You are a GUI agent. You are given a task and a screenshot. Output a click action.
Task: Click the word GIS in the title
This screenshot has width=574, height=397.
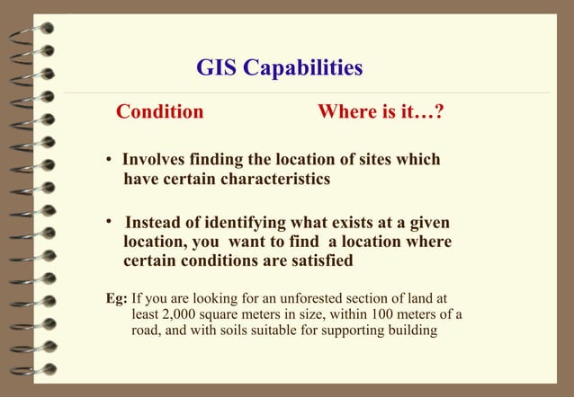[217, 68]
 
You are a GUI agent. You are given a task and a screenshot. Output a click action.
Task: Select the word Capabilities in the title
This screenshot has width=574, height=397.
[301, 68]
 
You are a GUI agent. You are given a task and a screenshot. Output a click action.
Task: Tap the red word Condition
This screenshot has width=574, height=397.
[160, 112]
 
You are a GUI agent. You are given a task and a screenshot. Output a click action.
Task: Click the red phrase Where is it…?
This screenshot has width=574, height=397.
[382, 112]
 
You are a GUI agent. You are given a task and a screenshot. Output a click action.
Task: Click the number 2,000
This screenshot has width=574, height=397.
[175, 314]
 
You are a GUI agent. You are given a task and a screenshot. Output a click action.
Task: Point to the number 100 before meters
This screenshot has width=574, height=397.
[390, 314]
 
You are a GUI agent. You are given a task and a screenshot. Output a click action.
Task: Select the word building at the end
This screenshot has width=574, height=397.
[410, 331]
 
